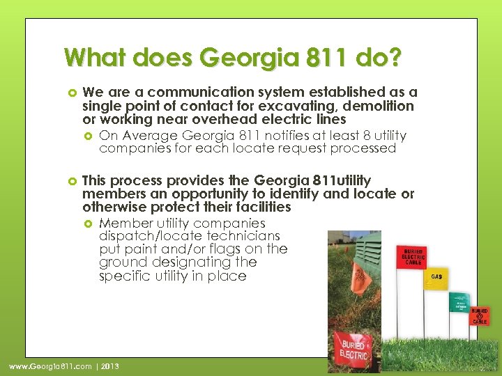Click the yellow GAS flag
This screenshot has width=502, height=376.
[x=436, y=278]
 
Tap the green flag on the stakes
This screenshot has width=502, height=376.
[x=459, y=303]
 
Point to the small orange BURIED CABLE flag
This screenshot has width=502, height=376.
[x=480, y=315]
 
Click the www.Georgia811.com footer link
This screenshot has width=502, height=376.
[x=50, y=366]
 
